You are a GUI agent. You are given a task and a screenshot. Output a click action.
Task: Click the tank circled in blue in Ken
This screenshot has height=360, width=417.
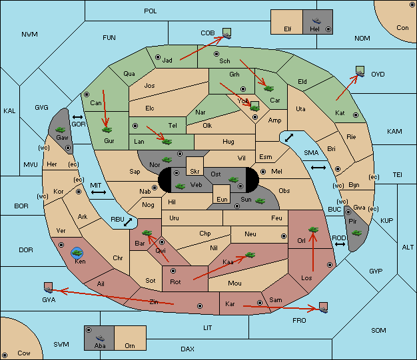tap(77, 253)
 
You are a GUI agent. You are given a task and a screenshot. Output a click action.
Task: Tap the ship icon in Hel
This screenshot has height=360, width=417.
tap(316, 21)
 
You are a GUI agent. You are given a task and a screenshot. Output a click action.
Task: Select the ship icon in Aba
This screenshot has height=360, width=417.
tap(100, 338)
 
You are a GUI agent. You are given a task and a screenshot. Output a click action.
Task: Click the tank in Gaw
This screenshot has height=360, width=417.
tap(61, 130)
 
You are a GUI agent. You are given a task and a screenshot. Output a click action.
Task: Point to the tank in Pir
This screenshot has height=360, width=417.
tap(356, 233)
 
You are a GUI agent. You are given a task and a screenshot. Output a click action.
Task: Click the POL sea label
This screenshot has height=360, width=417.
tap(151, 11)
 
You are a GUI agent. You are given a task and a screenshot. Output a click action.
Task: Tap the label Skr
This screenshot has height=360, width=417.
tap(195, 172)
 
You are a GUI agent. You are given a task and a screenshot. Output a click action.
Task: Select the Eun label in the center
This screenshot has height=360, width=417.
tap(222, 199)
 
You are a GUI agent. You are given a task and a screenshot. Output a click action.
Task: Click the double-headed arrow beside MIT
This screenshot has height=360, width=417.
tap(99, 192)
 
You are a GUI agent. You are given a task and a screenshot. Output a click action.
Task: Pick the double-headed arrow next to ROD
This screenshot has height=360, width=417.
tap(340, 244)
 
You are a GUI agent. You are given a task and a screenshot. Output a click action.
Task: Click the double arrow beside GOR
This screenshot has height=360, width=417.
tap(77, 117)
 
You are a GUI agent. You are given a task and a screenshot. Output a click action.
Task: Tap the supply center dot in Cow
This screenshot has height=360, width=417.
tap(5, 355)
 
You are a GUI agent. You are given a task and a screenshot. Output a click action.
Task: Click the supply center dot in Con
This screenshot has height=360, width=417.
tap(412, 5)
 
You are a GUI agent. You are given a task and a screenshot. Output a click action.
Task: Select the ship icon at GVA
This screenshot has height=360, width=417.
tap(49, 287)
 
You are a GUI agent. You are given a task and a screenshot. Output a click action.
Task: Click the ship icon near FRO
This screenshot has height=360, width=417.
tap(323, 307)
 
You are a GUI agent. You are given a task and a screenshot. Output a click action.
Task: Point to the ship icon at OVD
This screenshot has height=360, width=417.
tap(360, 71)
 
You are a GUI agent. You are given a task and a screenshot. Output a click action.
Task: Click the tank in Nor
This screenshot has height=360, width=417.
tap(167, 160)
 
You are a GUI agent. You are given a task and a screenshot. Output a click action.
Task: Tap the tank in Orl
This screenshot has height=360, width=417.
tap(313, 230)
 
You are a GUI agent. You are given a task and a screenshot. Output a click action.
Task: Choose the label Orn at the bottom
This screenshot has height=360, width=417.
tap(130, 345)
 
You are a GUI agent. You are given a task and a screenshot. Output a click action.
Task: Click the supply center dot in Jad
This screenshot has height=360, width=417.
tap(158, 57)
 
